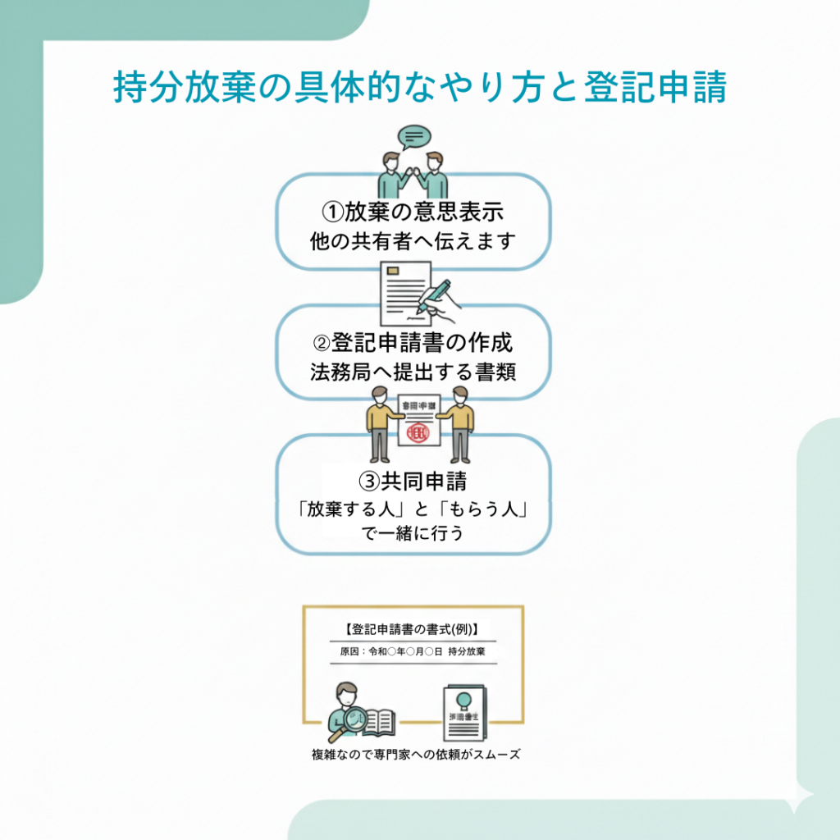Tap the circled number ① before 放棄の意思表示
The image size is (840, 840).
tap(333, 212)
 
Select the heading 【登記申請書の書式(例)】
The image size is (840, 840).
tap(413, 630)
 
